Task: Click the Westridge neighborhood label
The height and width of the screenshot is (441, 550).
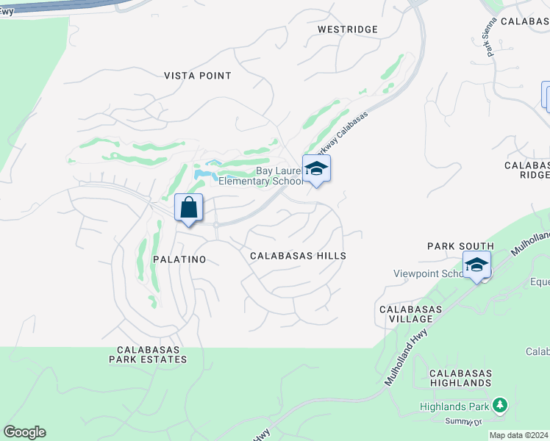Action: [348, 29]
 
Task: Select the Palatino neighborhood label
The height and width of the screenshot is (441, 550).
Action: [179, 259]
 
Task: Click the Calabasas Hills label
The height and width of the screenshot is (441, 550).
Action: [298, 256]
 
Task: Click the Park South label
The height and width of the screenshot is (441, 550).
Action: [460, 245]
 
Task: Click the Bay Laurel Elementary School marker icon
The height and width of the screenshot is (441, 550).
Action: [316, 169]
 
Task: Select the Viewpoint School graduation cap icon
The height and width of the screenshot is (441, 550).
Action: [476, 264]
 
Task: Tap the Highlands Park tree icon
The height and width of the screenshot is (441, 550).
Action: [500, 405]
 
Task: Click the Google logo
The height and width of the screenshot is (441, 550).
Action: [24, 432]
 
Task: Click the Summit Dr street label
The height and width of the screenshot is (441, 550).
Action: [463, 421]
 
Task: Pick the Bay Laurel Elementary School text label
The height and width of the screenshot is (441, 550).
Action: [261, 175]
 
